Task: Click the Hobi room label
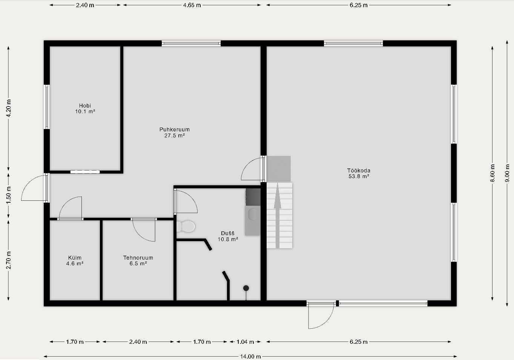pyautogui.click(x=85, y=109)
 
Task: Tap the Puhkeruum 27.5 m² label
pyautogui.click(x=175, y=132)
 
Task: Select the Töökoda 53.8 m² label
pyautogui.click(x=359, y=173)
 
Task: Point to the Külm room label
pyautogui.click(x=75, y=260)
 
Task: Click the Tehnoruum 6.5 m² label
pyautogui.click(x=138, y=260)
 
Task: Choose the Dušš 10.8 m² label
pyautogui.click(x=228, y=236)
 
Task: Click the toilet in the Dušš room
pyautogui.click(x=186, y=226)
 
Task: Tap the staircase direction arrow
pyautogui.click(x=278, y=215)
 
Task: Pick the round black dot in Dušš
pyautogui.click(x=246, y=288)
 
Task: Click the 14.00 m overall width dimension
pyautogui.click(x=250, y=356)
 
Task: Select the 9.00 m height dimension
pyautogui.click(x=507, y=173)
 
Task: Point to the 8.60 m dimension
pyautogui.click(x=492, y=173)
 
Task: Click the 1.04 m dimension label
pyautogui.click(x=245, y=342)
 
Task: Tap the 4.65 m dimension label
pyautogui.click(x=192, y=5)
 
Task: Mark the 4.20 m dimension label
pyautogui.click(x=9, y=108)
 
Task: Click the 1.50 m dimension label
pyautogui.click(x=9, y=195)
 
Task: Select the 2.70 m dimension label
pyautogui.click(x=9, y=260)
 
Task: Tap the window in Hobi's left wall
pyautogui.click(x=47, y=107)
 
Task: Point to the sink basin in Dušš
pyautogui.click(x=253, y=214)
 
